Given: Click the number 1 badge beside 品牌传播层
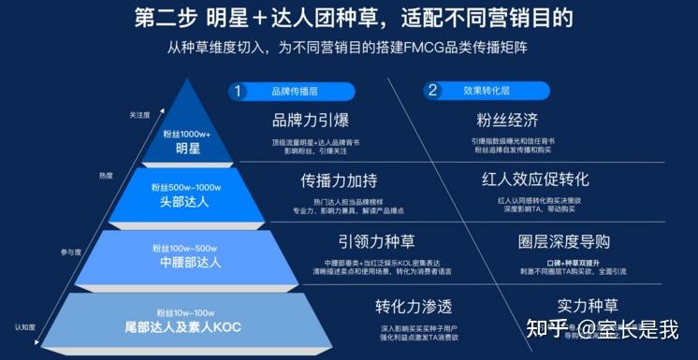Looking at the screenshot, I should tap(240, 92).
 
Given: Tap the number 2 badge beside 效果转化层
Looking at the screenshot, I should tap(432, 92).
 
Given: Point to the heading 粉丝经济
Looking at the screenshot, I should tap(506, 121).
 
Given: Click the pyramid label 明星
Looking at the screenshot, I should tap(188, 148).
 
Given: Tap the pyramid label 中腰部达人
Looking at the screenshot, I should tap(186, 263).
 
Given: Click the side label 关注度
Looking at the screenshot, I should tap(139, 115).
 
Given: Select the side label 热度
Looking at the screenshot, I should tap(106, 175).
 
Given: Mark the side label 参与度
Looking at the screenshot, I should tap(72, 252).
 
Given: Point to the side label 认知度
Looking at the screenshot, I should tap(25, 327).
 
